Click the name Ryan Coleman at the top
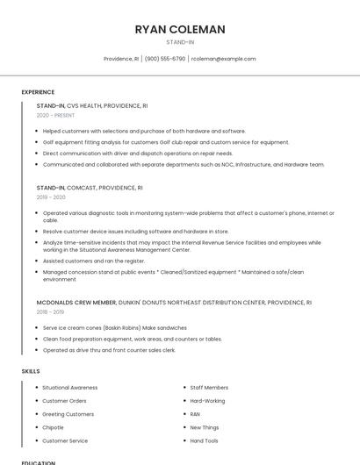click(179, 29)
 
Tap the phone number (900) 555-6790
click(164, 59)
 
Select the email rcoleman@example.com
click(223, 59)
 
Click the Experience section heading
click(38, 92)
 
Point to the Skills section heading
click(31, 371)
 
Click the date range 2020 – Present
click(55, 115)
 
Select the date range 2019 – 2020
click(51, 197)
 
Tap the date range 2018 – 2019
click(50, 311)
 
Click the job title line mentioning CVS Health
click(92, 105)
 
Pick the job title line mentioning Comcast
click(90, 188)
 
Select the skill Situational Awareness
click(70, 387)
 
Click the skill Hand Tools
click(205, 440)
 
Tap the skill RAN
click(195, 414)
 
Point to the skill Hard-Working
click(207, 400)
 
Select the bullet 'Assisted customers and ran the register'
click(94, 261)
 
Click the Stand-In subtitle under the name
click(179, 42)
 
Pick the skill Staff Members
click(209, 387)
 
